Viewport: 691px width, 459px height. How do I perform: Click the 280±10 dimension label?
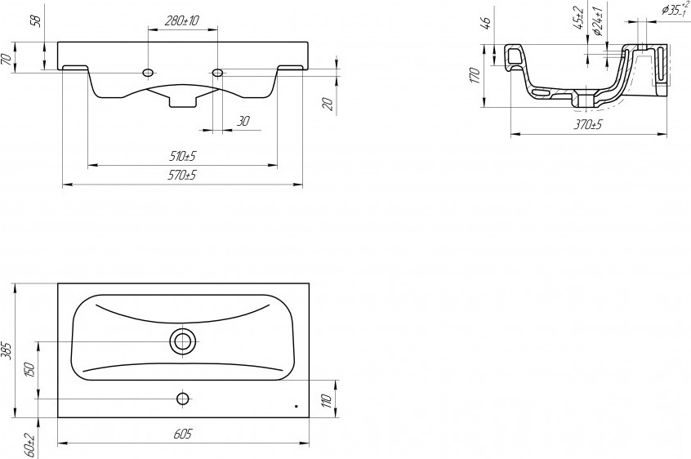coord(182,20)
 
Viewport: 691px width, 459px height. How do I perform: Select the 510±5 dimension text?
coord(182,156)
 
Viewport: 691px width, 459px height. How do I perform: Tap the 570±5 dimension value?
coord(182,176)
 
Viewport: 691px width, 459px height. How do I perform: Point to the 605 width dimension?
coord(182,434)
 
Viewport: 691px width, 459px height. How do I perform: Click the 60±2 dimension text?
coord(29,445)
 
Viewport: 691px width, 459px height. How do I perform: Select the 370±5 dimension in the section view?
coord(587,125)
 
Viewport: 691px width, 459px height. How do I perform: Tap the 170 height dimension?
coord(475,75)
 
